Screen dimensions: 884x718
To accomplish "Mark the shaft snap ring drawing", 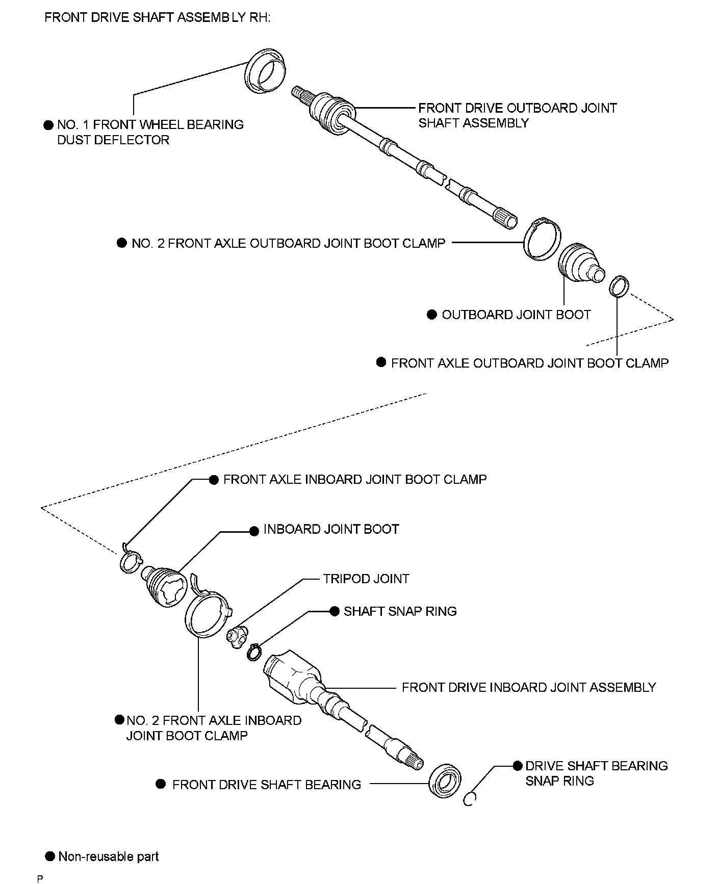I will pyautogui.click(x=254, y=653).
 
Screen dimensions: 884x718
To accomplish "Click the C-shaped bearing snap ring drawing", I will pyautogui.click(x=470, y=800).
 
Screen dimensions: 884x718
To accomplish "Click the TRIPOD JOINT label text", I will pyautogui.click(x=366, y=579).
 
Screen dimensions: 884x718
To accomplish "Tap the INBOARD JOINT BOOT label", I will pyautogui.click(x=331, y=529).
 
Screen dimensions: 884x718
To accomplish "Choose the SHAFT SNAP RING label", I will pyautogui.click(x=400, y=611).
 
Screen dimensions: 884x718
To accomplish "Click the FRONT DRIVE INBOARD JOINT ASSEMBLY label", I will pyautogui.click(x=528, y=687).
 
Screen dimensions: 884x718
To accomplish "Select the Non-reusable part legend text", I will pyautogui.click(x=108, y=856).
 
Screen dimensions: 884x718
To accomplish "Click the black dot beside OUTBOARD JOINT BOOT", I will pyautogui.click(x=432, y=315).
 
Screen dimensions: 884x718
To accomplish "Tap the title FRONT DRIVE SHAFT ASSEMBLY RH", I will pyautogui.click(x=158, y=18).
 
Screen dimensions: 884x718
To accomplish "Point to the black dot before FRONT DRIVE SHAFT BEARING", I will pyautogui.click(x=161, y=784).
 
